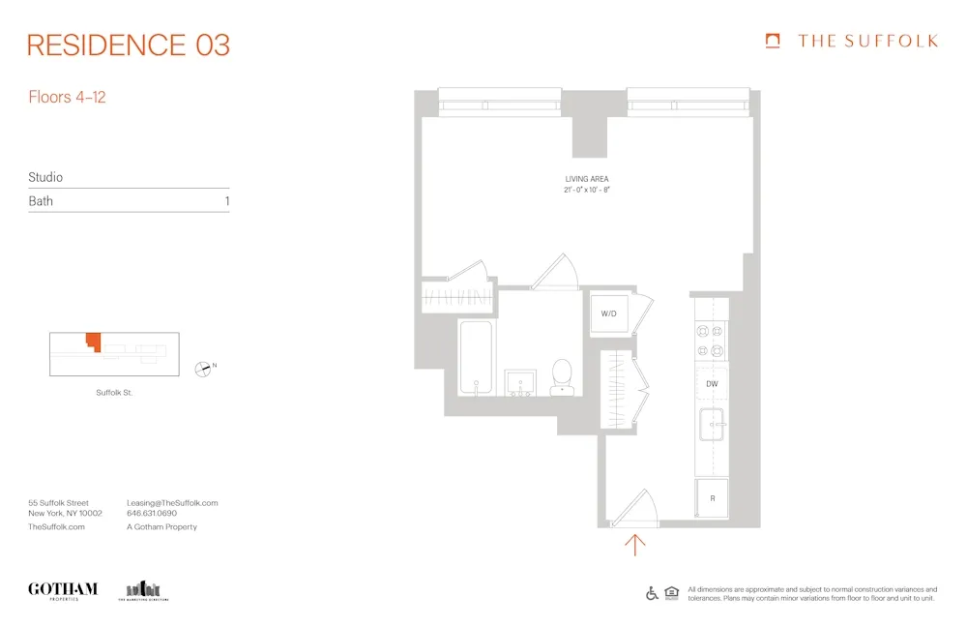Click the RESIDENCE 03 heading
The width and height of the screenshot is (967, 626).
(x=129, y=45)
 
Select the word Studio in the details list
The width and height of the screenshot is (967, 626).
(x=45, y=177)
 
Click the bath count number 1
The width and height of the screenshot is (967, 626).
(x=226, y=201)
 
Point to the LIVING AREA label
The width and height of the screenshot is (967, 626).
(x=587, y=179)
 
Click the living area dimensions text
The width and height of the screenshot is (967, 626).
(x=587, y=191)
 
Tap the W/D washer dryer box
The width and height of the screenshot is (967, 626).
(x=609, y=313)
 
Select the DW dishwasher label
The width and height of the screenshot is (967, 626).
(x=712, y=384)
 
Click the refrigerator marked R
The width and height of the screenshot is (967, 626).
(x=712, y=498)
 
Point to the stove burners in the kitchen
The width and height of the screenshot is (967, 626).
(x=710, y=340)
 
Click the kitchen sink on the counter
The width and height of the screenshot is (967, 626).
(x=712, y=426)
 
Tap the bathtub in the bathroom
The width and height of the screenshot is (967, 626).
(x=476, y=358)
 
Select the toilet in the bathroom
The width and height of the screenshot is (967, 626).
(x=562, y=377)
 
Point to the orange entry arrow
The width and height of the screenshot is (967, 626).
(x=634, y=545)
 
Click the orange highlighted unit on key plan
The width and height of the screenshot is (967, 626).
(x=93, y=342)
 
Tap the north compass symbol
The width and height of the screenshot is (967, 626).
(x=203, y=368)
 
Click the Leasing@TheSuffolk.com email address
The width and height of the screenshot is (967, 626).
(x=172, y=503)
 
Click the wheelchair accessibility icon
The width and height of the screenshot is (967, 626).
(x=652, y=592)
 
